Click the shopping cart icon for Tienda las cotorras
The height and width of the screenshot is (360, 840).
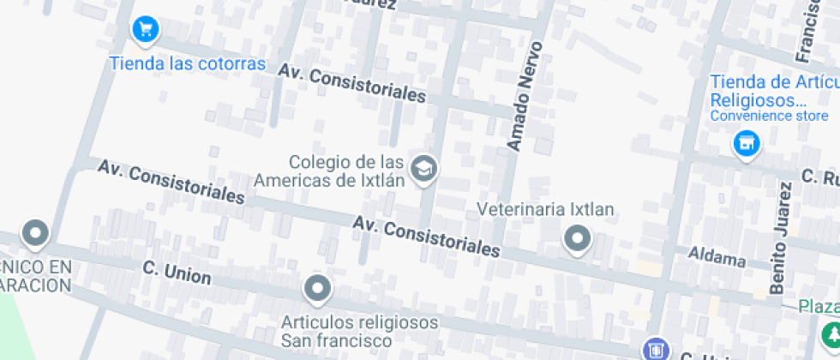point(145,29)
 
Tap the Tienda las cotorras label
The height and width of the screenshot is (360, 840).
point(187,64)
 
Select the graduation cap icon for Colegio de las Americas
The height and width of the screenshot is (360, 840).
point(423,169)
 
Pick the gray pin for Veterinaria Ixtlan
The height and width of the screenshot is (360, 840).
point(577,238)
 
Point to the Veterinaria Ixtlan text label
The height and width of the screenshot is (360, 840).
point(545,209)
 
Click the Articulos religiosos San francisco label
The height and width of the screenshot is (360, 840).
point(360,331)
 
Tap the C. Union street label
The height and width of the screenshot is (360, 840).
point(177,273)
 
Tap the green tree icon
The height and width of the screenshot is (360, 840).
point(830,333)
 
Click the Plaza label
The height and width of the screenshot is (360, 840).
point(819,307)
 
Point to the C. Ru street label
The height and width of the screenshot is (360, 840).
point(820,177)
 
